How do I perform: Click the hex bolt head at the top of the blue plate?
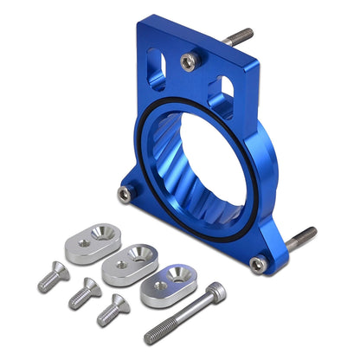coord(188,61)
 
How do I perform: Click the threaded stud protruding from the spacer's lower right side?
coord(303,236)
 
